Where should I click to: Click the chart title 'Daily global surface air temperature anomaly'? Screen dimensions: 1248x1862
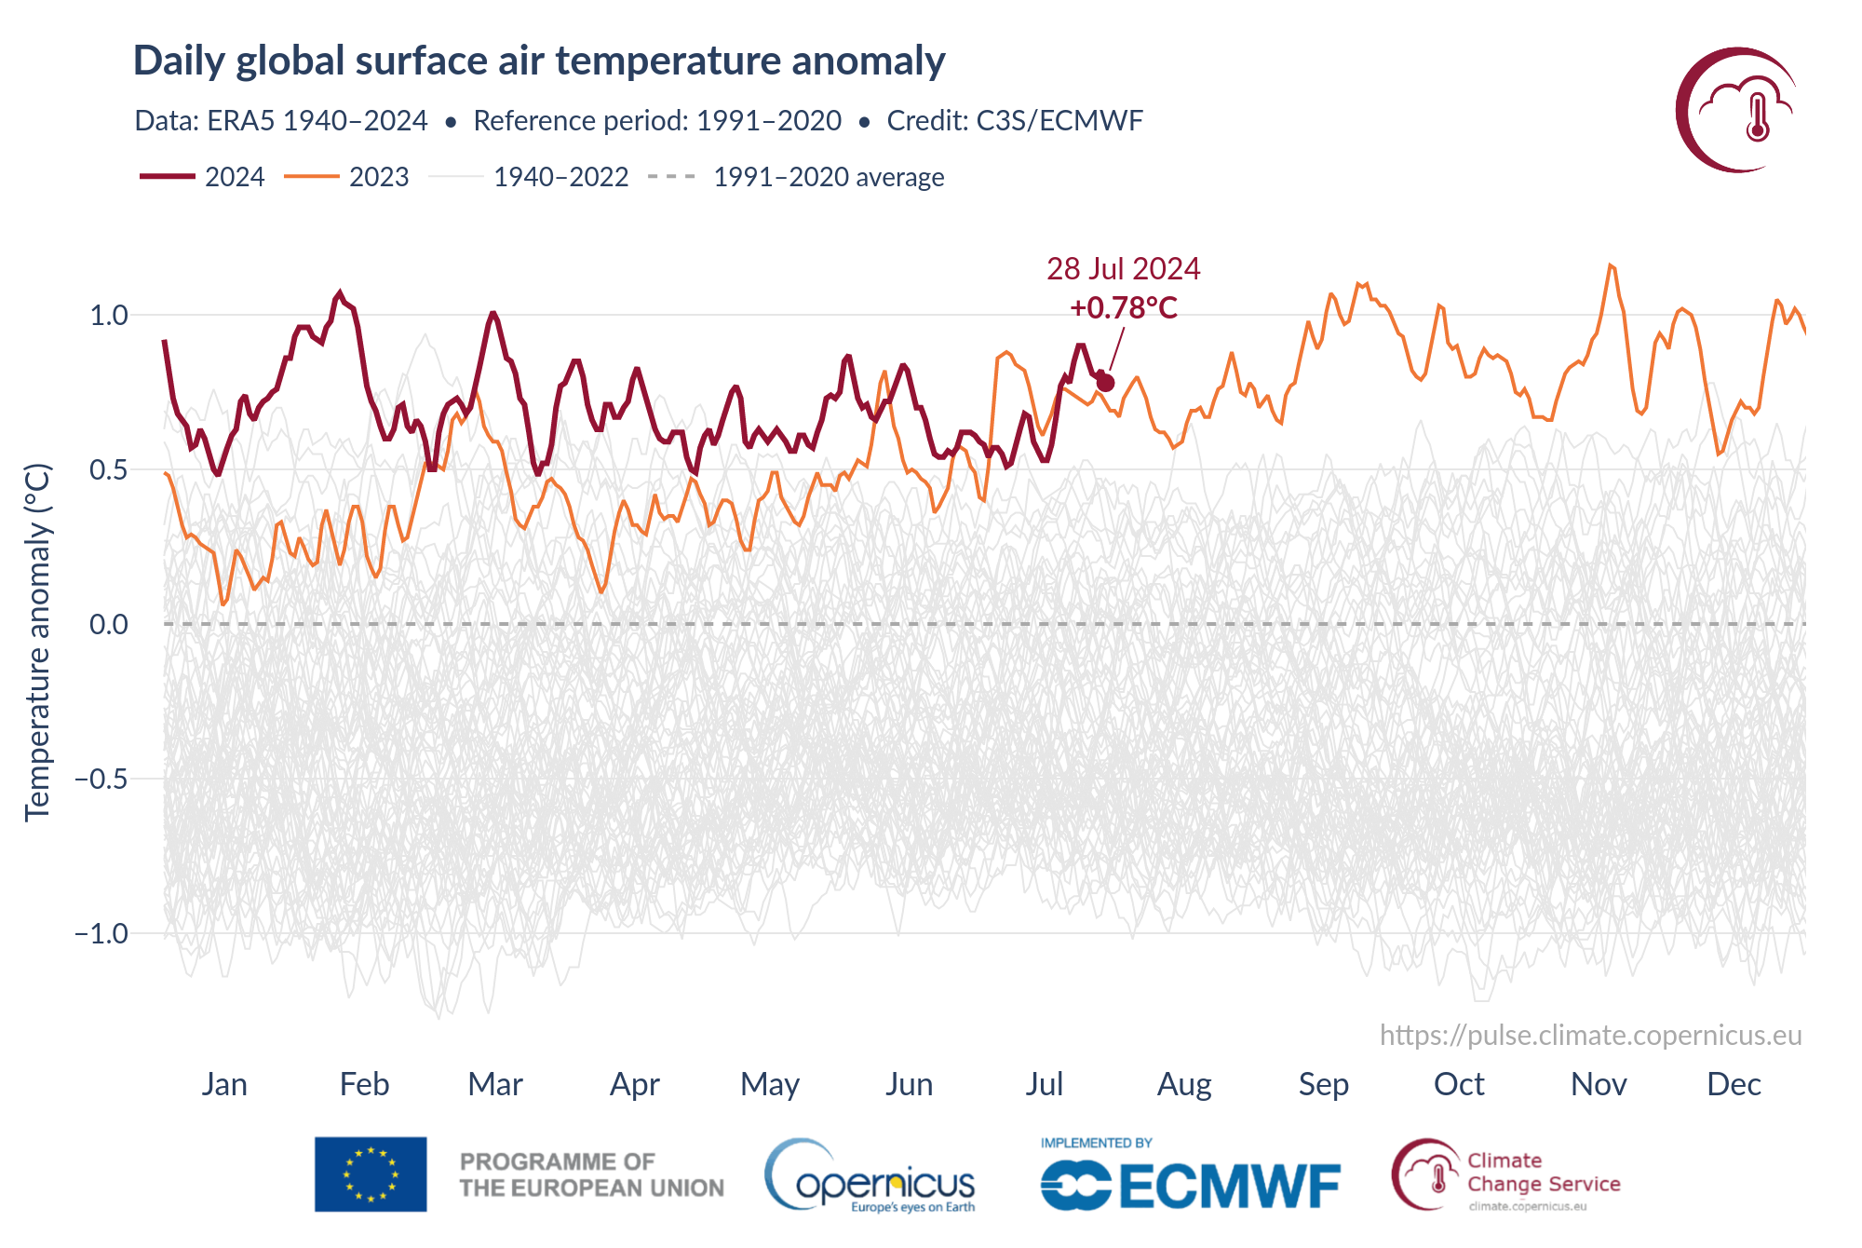(539, 61)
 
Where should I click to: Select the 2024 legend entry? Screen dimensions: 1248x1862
(203, 177)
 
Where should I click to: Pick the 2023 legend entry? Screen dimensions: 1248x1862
(346, 177)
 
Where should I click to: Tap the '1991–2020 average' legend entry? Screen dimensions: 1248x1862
(797, 177)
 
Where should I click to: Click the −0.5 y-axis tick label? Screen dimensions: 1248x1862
(101, 779)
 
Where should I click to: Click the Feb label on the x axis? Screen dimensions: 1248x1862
(364, 1084)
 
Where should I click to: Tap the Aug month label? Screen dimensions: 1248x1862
(1184, 1084)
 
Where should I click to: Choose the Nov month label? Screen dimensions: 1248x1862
(1599, 1084)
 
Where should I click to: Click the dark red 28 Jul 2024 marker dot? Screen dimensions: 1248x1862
(1105, 383)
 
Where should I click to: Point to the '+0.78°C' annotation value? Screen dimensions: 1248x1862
(1124, 307)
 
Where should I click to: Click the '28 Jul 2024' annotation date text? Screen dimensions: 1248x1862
(1124, 269)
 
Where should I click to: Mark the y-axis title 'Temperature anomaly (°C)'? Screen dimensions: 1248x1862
(37, 643)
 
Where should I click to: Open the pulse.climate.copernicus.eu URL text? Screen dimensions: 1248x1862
(1590, 1036)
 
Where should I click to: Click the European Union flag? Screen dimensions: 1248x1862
(371, 1173)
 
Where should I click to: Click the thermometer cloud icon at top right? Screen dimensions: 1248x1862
(1737, 110)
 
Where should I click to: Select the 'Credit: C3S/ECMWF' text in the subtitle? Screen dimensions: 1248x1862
(1015, 121)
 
